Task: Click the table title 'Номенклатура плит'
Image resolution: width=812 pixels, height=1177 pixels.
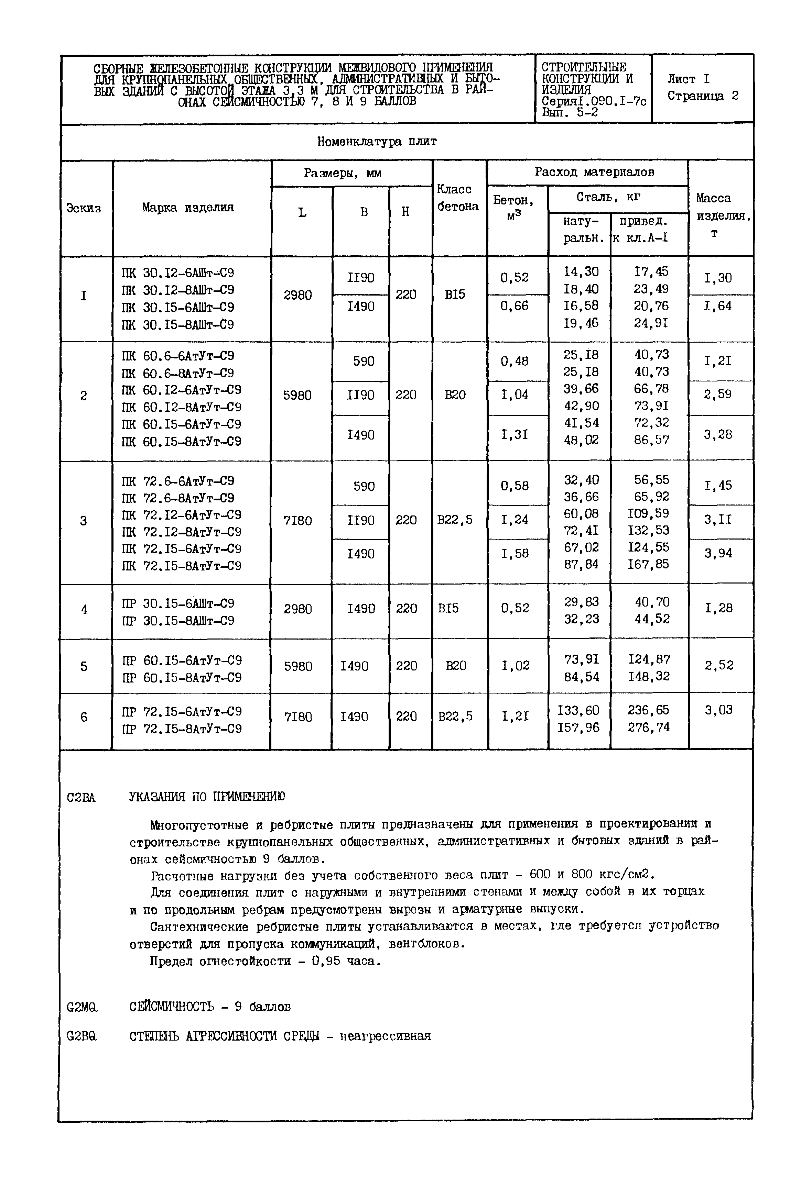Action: tap(377, 141)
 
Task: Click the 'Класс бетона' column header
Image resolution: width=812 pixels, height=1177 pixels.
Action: tap(457, 198)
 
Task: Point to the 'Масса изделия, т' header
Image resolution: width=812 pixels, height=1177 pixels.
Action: tap(719, 215)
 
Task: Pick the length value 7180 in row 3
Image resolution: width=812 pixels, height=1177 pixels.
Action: tap(297, 521)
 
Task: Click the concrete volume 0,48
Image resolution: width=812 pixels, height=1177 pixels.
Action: tap(515, 361)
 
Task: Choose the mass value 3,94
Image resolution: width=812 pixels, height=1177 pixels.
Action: tap(718, 553)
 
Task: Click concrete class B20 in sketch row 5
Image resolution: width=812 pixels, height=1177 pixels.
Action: tap(455, 666)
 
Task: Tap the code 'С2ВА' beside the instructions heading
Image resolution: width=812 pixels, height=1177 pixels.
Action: tap(81, 797)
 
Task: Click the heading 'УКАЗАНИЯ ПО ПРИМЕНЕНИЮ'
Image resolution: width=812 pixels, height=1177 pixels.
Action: tap(207, 796)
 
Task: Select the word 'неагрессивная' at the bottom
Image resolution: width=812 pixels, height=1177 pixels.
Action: tap(385, 1036)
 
